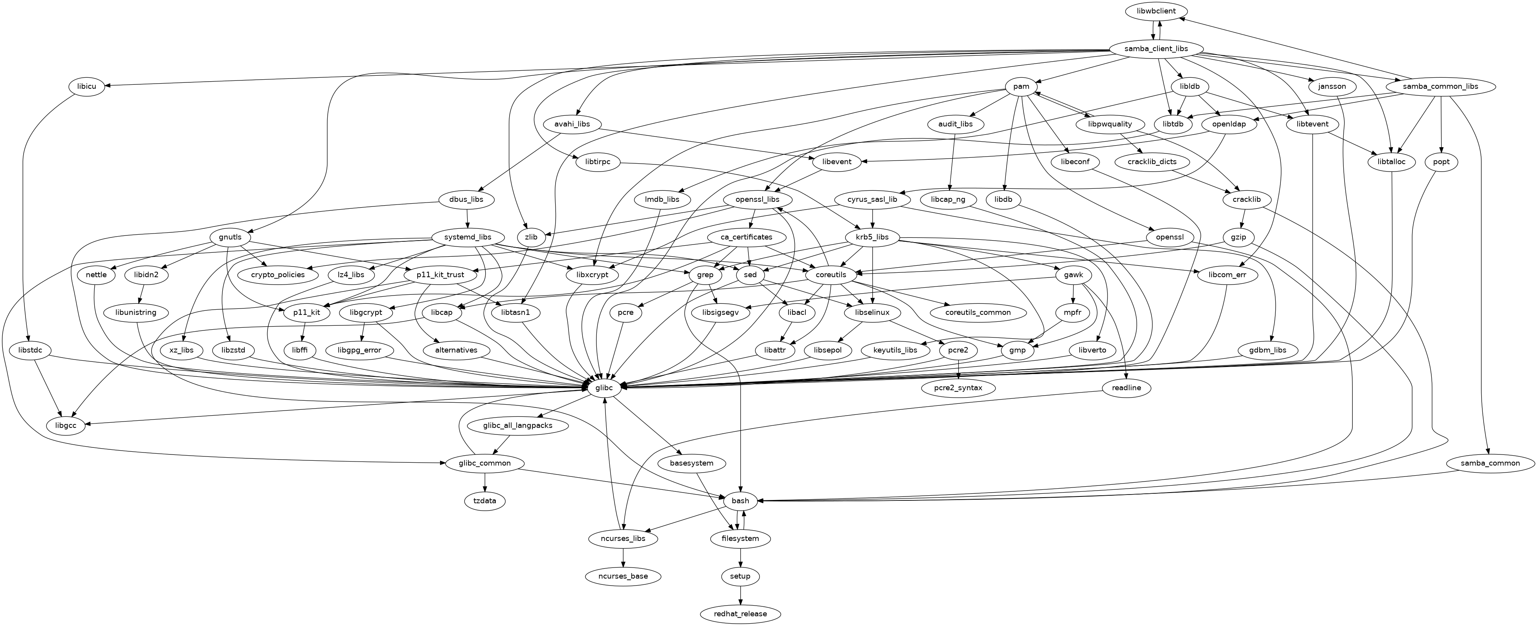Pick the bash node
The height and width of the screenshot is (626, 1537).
pyautogui.click(x=740, y=501)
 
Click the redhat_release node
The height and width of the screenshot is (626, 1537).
pyautogui.click(x=740, y=613)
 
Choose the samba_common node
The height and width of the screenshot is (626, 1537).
pyautogui.click(x=1490, y=463)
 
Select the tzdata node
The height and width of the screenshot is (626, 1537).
pyautogui.click(x=484, y=501)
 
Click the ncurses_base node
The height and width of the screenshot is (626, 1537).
pyautogui.click(x=623, y=576)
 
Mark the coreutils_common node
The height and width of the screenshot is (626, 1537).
pyautogui.click(x=978, y=312)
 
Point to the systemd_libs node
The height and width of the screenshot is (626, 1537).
pyautogui.click(x=468, y=237)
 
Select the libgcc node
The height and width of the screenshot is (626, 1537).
pyautogui.click(x=65, y=426)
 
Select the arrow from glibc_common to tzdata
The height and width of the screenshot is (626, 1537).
pyautogui.click(x=484, y=482)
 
